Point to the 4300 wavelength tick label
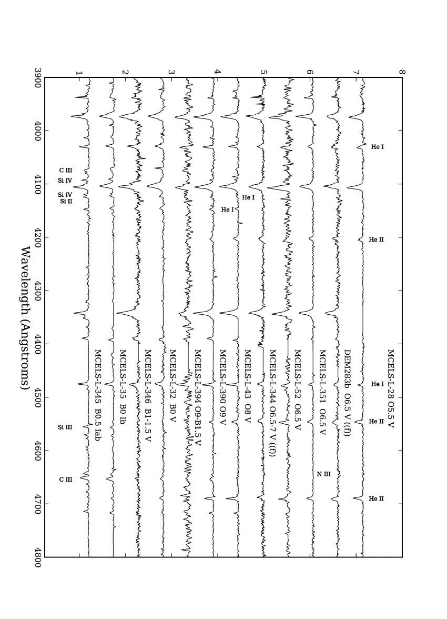pyautogui.click(x=37, y=291)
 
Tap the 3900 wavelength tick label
pyautogui.click(x=37, y=78)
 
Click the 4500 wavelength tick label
pyautogui.click(x=37, y=397)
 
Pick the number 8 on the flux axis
pyautogui.click(x=402, y=72)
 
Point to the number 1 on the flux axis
pyautogui.click(x=79, y=72)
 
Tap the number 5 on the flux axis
pyautogui.click(x=263, y=72)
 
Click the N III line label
pyautogui.click(x=323, y=474)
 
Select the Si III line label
pyautogui.click(x=65, y=427)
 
